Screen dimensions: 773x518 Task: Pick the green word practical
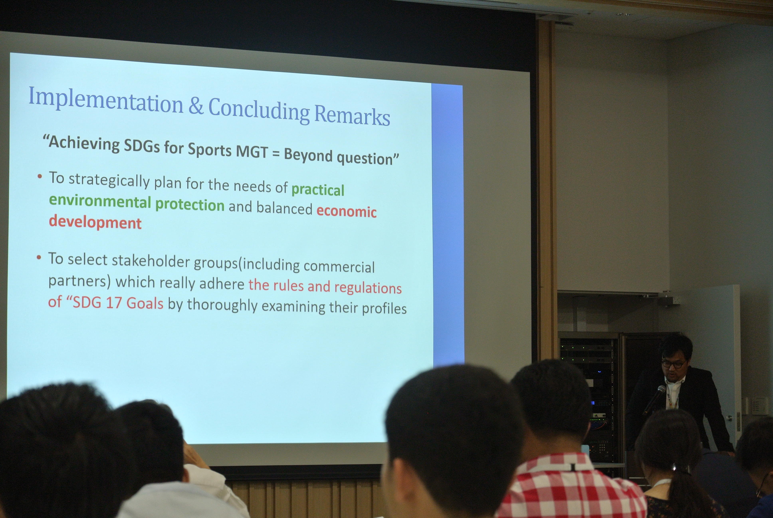coord(318,190)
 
